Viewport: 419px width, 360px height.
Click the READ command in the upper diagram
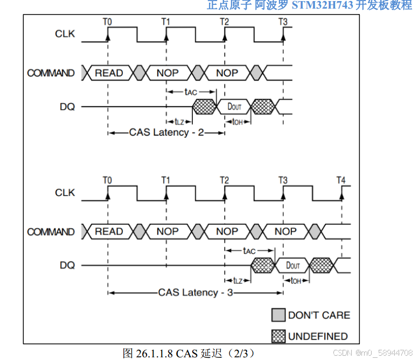coord(109,73)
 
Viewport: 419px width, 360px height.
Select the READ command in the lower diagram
coord(109,231)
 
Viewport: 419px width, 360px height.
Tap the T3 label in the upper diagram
coord(283,22)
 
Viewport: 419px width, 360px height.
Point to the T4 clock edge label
coord(341,180)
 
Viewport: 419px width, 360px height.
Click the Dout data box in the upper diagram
coord(234,107)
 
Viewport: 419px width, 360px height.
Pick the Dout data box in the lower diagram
coord(293,265)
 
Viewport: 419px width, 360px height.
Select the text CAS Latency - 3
coord(195,292)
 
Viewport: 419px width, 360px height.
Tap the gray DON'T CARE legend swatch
coord(278,315)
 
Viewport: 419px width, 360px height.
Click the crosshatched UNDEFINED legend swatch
coord(278,336)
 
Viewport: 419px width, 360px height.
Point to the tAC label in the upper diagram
coord(191,91)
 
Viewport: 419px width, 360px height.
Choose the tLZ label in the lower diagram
coord(238,280)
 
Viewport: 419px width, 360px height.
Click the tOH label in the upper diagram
coord(238,122)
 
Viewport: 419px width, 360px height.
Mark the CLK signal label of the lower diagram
coord(65,192)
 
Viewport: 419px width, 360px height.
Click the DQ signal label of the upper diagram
coord(67,107)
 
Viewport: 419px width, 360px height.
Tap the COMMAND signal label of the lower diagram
coord(51,232)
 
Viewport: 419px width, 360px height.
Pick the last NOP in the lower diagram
coord(285,231)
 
